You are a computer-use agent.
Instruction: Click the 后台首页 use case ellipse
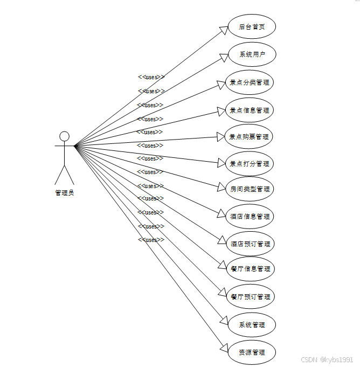[x=252, y=27]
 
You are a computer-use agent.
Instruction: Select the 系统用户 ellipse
[x=252, y=54]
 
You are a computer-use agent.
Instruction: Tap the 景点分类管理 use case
[x=249, y=82]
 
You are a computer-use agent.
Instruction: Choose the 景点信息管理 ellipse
[x=249, y=110]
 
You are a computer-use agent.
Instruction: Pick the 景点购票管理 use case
[x=249, y=137]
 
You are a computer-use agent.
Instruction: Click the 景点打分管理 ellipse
[x=249, y=163]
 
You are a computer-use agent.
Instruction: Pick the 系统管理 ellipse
[x=252, y=325]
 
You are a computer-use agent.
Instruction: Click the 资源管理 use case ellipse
[x=252, y=352]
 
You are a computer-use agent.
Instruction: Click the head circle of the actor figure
[x=65, y=136]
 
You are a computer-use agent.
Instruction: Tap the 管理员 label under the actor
[x=65, y=193]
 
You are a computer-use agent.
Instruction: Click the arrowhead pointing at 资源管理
[x=224, y=347]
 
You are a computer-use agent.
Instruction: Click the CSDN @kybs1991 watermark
[x=327, y=359]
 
